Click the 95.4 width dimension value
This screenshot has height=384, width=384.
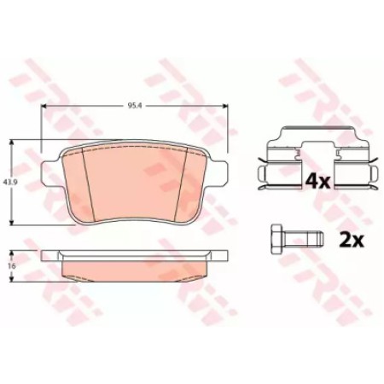click(133, 106)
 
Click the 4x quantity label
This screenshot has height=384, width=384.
click(317, 181)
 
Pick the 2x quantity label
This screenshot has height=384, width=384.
click(352, 240)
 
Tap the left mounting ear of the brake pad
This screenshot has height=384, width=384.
click(49, 172)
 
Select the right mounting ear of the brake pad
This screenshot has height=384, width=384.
click(219, 172)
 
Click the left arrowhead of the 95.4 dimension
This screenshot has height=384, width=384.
click(44, 106)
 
